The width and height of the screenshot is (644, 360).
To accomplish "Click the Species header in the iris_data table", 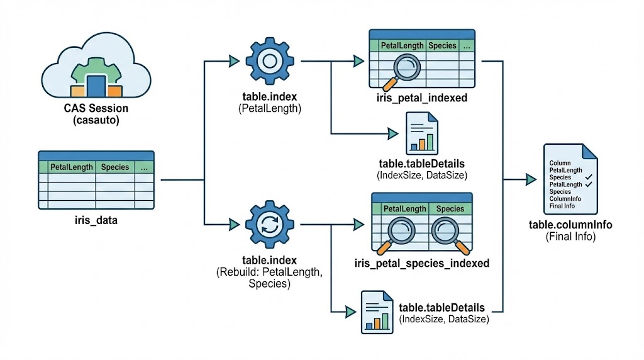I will [x=114, y=167].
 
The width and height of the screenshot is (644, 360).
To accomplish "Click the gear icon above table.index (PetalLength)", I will [x=269, y=61].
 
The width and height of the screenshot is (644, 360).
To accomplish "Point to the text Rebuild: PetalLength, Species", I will [x=269, y=278].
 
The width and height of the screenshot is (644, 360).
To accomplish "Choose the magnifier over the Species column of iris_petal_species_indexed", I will [x=447, y=232].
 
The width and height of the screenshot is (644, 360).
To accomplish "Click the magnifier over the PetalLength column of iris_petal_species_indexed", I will [x=400, y=232].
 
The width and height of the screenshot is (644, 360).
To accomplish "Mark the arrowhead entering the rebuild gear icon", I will [x=235, y=223].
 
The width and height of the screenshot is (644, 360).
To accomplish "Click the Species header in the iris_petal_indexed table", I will [x=442, y=46].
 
